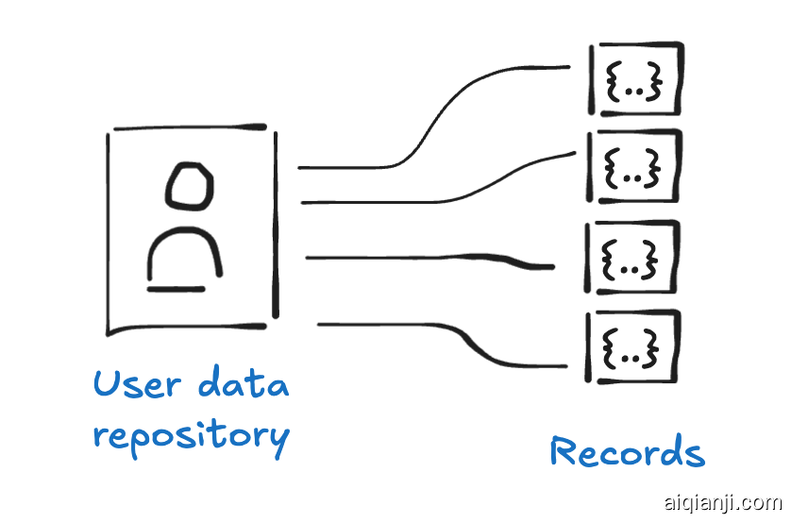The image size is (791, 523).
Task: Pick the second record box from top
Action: click(633, 166)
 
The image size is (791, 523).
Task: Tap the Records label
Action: click(627, 452)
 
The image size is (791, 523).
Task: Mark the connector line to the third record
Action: click(425, 257)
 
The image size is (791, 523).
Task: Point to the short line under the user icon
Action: click(176, 289)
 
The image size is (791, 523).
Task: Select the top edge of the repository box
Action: click(189, 127)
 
